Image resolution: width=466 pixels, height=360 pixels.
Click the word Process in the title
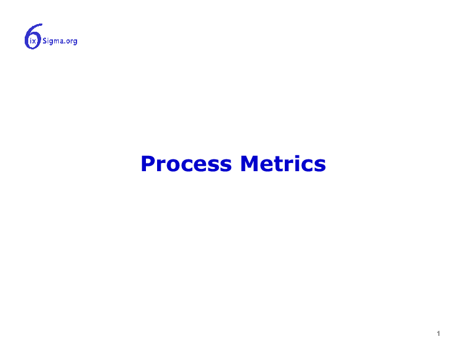tap(186, 164)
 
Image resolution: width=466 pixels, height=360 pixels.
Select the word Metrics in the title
tap(283, 164)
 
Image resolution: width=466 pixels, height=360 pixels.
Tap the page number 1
tap(438, 334)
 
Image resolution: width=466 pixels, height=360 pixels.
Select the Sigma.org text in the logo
tap(60, 41)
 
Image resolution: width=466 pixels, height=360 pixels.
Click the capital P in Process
tap(148, 164)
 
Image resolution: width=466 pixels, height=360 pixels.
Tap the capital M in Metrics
tap(249, 164)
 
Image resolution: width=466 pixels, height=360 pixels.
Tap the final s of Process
tap(225, 166)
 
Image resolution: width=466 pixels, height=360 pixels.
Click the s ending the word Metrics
tap(320, 166)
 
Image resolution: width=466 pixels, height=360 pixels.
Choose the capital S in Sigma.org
tap(45, 41)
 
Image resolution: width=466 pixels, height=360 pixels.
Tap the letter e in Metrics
tap(267, 166)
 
